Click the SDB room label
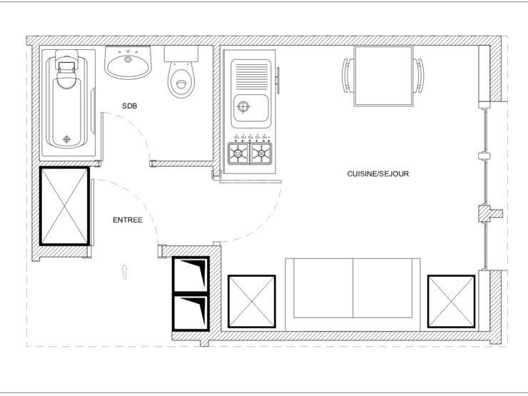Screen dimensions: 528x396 point(130,106)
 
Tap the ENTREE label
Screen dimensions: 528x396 point(128,220)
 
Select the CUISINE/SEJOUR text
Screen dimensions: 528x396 point(378,174)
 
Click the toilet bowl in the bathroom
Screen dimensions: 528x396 point(181,80)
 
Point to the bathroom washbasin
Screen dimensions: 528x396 point(128,63)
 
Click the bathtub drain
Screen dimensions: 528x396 point(66,138)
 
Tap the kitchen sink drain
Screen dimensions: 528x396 point(243,107)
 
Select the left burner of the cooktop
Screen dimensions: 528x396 point(238,153)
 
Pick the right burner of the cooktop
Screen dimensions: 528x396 point(261,153)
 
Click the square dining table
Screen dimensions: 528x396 point(383,76)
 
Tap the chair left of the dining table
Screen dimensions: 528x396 point(348,76)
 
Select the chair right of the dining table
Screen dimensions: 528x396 point(419,76)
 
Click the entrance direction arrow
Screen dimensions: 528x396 point(124,272)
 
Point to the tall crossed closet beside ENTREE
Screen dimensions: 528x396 point(65,206)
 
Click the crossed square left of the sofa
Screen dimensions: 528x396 point(252,301)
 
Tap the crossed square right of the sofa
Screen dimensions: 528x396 point(451,301)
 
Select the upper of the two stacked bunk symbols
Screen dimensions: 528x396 point(191,274)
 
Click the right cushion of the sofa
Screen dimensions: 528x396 point(382,288)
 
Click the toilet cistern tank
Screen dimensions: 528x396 point(181,54)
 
